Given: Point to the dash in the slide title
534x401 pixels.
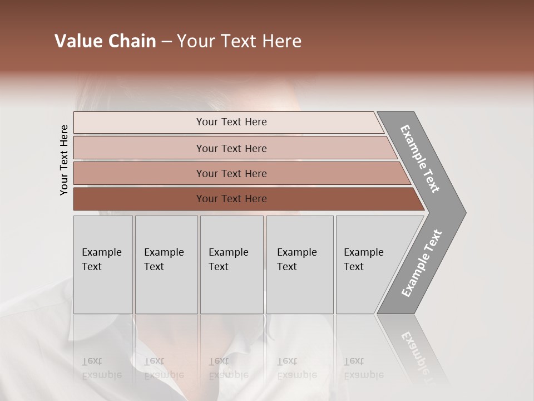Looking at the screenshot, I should [x=166, y=42].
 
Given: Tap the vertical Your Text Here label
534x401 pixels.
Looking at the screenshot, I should [x=64, y=160].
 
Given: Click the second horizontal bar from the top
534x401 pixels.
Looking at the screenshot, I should [x=231, y=148].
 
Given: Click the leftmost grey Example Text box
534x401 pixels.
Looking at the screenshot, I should [x=103, y=265].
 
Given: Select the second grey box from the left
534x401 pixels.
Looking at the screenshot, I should [x=166, y=265].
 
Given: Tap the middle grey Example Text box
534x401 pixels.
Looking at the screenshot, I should [x=231, y=265].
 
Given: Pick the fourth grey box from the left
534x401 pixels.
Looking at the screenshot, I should [x=300, y=265].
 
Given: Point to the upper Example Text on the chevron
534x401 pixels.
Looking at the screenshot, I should [x=421, y=159].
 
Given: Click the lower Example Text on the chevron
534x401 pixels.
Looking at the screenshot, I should [x=421, y=263].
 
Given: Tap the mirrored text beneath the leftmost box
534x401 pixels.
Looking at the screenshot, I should [x=101, y=368].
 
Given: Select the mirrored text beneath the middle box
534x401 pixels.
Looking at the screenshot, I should [x=228, y=368].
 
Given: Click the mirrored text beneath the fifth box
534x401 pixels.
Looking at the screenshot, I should [x=363, y=368].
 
